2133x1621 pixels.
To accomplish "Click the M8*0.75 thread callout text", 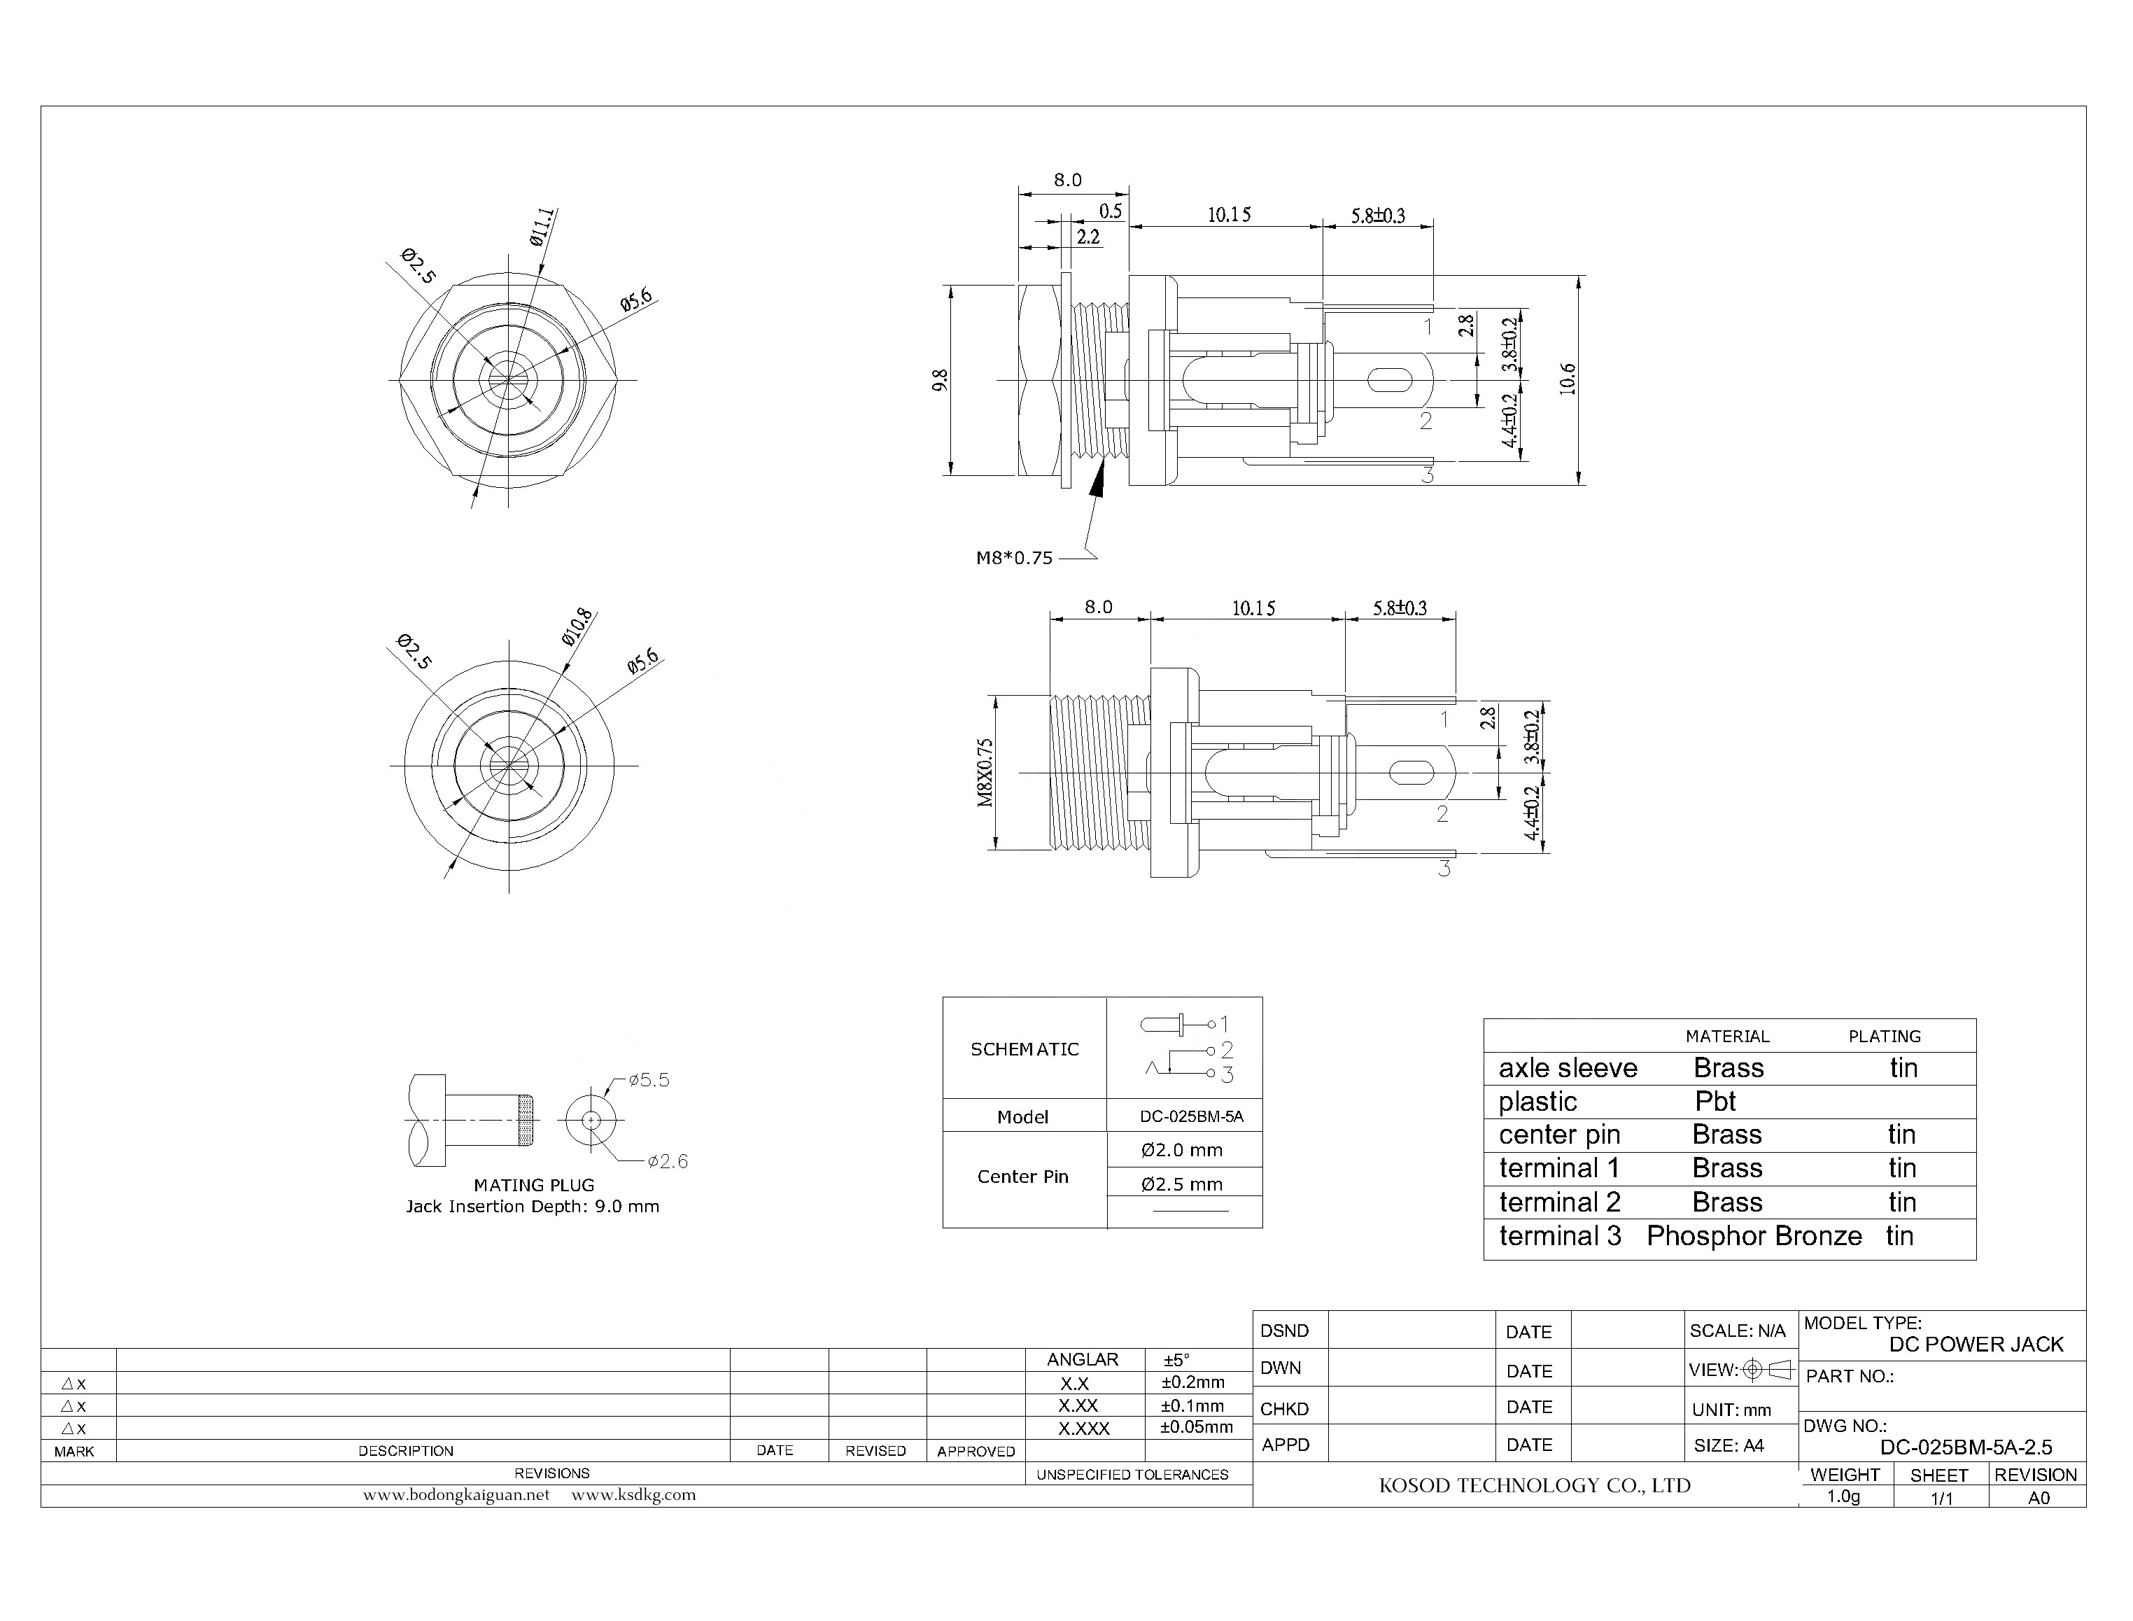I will click(x=1014, y=558).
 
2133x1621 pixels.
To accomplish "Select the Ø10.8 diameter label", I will click(x=577, y=627).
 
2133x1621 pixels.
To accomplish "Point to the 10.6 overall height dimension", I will click(x=1568, y=379).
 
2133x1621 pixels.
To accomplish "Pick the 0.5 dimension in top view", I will click(x=1111, y=211).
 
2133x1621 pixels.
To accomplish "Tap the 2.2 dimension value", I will click(x=1087, y=237).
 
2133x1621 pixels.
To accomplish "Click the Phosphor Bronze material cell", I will click(x=1754, y=1236).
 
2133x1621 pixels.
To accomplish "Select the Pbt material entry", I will click(x=1715, y=1101).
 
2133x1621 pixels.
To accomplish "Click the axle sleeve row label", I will click(x=1568, y=1068).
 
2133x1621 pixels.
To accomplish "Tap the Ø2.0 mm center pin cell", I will click(x=1182, y=1150).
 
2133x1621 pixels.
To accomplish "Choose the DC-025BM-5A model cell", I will click(x=1192, y=1116).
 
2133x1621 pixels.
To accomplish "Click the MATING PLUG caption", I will click(x=533, y=1185).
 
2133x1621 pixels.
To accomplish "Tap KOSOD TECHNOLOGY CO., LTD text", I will click(x=1534, y=1486).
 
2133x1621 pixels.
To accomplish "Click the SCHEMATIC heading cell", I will click(x=1025, y=1049).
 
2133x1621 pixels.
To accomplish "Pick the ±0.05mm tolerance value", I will click(x=1196, y=1427).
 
